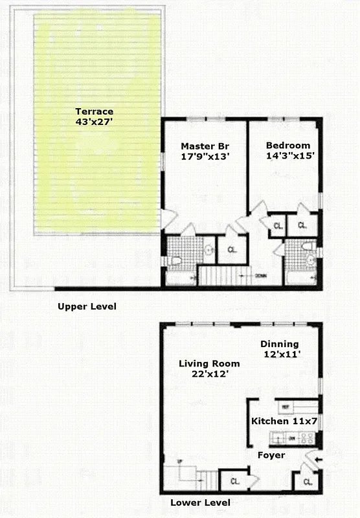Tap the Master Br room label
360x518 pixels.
pyautogui.click(x=204, y=150)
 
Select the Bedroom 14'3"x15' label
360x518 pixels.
pyautogui.click(x=287, y=150)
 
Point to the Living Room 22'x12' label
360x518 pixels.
pyautogui.click(x=208, y=368)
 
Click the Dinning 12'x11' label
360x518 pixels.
pyautogui.click(x=279, y=349)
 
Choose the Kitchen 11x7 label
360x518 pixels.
pyautogui.click(x=284, y=421)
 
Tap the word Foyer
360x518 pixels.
pyautogui.click(x=271, y=455)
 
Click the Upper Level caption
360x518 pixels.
pyautogui.click(x=87, y=306)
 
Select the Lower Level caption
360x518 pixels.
pyautogui.click(x=199, y=502)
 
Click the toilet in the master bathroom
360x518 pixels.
pyautogui.click(x=175, y=261)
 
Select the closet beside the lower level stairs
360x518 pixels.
pyautogui.click(x=232, y=481)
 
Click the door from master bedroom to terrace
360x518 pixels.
pyautogui.click(x=166, y=219)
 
